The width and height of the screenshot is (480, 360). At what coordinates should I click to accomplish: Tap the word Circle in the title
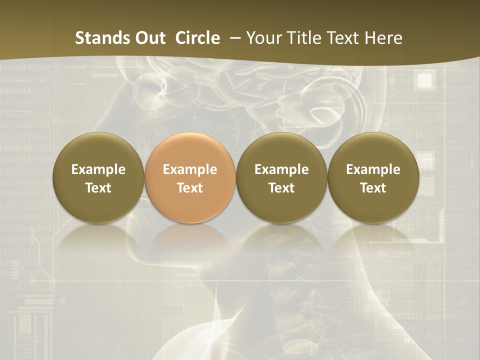(x=197, y=38)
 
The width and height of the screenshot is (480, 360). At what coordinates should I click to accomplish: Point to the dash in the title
(x=233, y=38)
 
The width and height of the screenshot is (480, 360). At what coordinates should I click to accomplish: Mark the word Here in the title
(x=384, y=38)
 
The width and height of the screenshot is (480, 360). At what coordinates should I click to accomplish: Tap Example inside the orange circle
(x=190, y=169)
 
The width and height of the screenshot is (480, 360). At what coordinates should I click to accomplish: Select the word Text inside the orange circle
(x=190, y=188)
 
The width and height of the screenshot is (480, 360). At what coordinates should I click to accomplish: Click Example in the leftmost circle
(x=98, y=169)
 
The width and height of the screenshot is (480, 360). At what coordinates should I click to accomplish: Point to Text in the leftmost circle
(x=98, y=188)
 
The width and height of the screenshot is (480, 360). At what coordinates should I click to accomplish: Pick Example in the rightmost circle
(x=373, y=169)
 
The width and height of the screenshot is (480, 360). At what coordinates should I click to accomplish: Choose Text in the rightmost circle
(x=373, y=188)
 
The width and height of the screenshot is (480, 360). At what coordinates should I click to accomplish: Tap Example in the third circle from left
(x=281, y=169)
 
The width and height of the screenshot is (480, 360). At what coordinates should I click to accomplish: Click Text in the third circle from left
(x=281, y=188)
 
